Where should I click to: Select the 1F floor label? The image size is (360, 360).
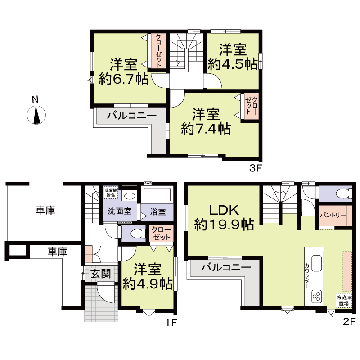173,322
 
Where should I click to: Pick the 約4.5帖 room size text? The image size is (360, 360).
233,64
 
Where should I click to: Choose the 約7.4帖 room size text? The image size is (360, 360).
206,129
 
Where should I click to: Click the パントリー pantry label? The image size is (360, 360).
333,216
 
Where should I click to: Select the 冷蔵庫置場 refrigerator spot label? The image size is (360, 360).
344,300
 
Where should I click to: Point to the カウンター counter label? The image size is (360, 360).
307,275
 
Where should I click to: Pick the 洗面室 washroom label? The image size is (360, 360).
119,211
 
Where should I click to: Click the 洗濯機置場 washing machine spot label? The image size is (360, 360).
110,193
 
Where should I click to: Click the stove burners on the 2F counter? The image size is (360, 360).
316,296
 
